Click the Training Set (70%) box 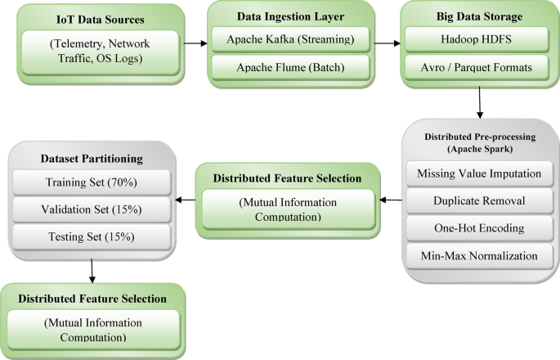(92, 181)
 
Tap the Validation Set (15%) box (92, 209)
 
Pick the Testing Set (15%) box (92, 236)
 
